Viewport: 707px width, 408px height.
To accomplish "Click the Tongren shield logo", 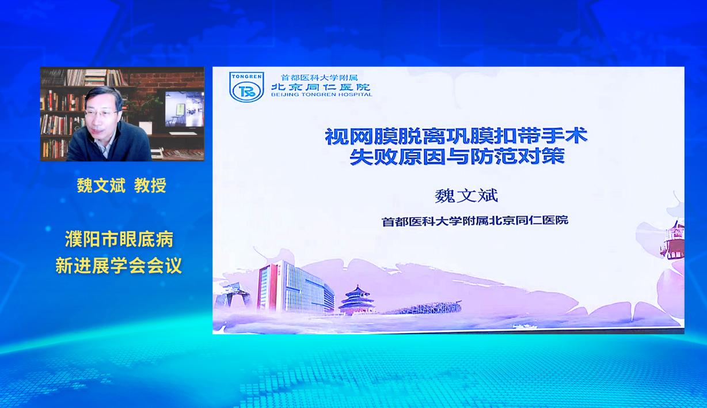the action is point(246,86).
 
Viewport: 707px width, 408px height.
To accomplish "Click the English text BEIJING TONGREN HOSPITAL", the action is point(322,94).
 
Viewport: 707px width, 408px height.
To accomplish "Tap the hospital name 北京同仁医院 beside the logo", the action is point(321,86).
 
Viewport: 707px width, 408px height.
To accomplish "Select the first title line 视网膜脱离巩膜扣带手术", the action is point(457,136).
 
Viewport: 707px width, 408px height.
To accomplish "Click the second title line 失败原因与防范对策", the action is point(457,156).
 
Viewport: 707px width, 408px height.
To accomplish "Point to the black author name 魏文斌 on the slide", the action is point(466,195).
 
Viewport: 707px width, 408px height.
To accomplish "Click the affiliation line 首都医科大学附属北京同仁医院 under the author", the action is point(475,221).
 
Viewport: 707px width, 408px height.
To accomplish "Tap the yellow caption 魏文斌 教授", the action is point(121,185).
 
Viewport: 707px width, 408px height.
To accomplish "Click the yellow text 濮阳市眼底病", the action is point(119,239).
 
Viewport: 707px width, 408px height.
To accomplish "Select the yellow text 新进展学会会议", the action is point(119,265).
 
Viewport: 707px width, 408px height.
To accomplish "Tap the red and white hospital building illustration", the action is point(295,287).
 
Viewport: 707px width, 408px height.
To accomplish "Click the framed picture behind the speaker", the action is point(185,109).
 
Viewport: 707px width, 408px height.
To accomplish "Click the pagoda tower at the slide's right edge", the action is point(673,240).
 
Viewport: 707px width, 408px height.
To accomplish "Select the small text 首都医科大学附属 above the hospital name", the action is point(319,77).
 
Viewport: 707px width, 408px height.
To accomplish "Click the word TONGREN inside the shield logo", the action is point(246,77).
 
